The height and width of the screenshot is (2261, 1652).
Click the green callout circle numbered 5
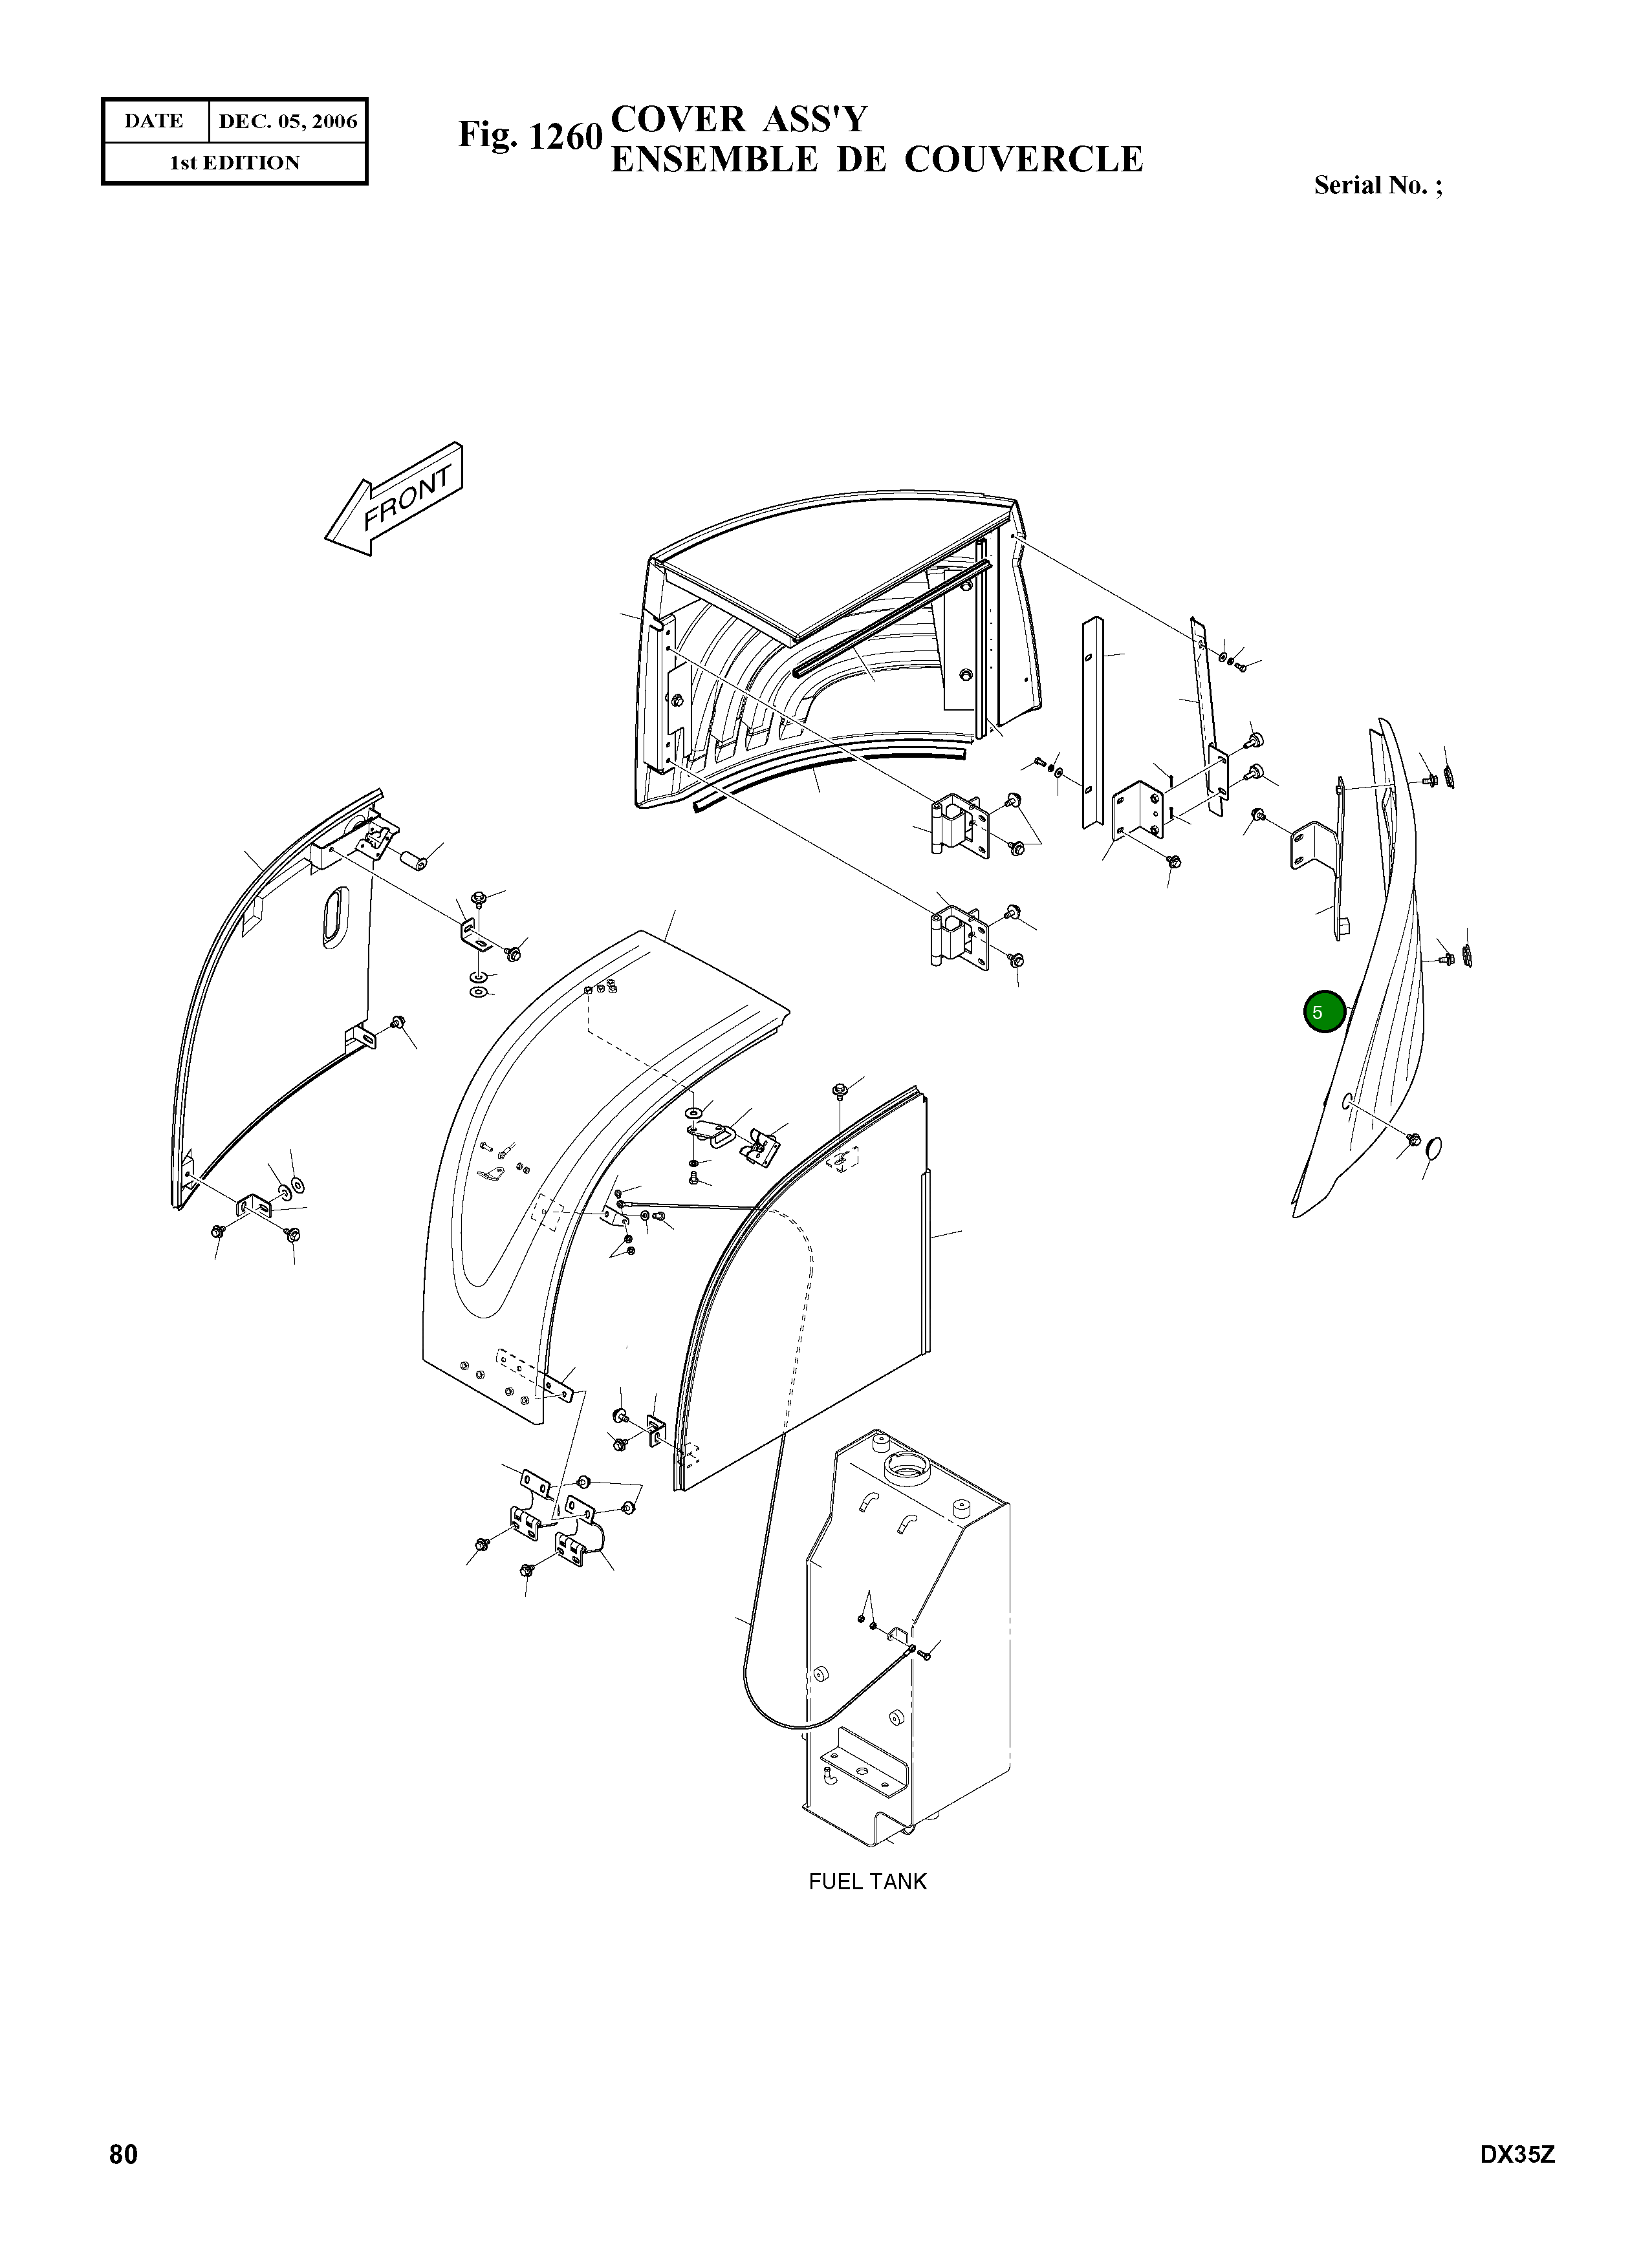pyautogui.click(x=1324, y=1012)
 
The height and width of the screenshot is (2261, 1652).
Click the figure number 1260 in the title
pyautogui.click(x=565, y=136)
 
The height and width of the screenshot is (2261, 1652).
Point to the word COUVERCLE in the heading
pyautogui.click(x=1023, y=160)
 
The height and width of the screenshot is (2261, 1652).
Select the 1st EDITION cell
pyautogui.click(x=235, y=163)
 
